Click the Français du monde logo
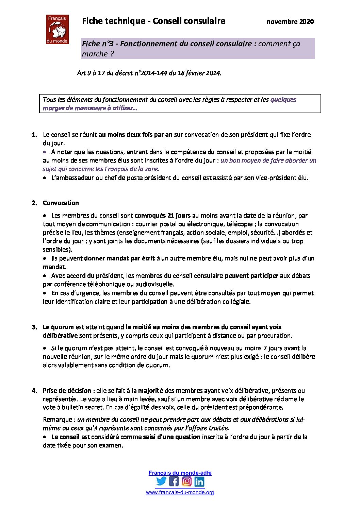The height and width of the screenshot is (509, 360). point(57,29)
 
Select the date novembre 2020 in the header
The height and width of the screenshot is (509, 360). point(290,22)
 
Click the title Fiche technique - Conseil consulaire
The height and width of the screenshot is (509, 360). point(153,21)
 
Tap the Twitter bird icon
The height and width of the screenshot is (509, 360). point(161,481)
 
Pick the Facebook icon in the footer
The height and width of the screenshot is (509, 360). point(174,481)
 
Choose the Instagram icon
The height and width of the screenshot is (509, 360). point(186,481)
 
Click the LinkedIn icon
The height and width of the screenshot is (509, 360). point(199,481)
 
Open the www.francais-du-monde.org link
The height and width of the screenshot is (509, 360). point(180,492)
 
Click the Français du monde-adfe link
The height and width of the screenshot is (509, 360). point(180,473)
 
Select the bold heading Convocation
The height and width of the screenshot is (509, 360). point(61,203)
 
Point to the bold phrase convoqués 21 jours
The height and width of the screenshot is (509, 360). point(163,216)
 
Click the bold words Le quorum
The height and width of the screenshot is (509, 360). point(58,327)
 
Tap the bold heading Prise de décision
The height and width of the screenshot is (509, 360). point(67,391)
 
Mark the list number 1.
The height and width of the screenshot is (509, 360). point(34,135)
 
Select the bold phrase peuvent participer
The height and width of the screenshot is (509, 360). point(251,276)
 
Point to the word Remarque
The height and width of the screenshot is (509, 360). point(58,420)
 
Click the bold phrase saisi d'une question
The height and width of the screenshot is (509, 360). point(171,437)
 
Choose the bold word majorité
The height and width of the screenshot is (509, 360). point(151,391)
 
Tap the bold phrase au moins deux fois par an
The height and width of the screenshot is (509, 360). point(135,135)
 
